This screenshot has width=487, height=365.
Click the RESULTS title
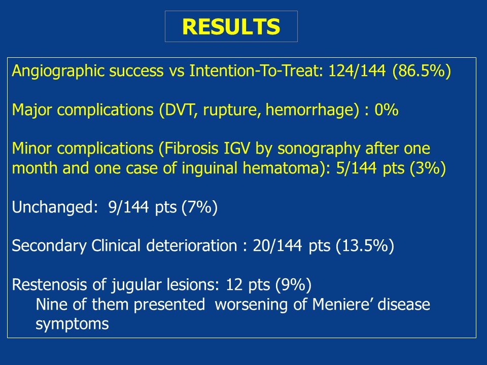click(231, 26)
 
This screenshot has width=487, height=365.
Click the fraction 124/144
click(357, 70)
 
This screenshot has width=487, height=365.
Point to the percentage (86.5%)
click(422, 71)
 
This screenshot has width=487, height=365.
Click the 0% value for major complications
click(386, 110)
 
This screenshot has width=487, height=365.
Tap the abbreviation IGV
click(236, 149)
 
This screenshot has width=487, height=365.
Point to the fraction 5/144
click(356, 168)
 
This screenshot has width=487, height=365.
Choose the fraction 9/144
click(128, 207)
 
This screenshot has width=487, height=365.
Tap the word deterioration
click(192, 245)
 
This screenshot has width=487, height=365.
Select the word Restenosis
click(49, 284)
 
